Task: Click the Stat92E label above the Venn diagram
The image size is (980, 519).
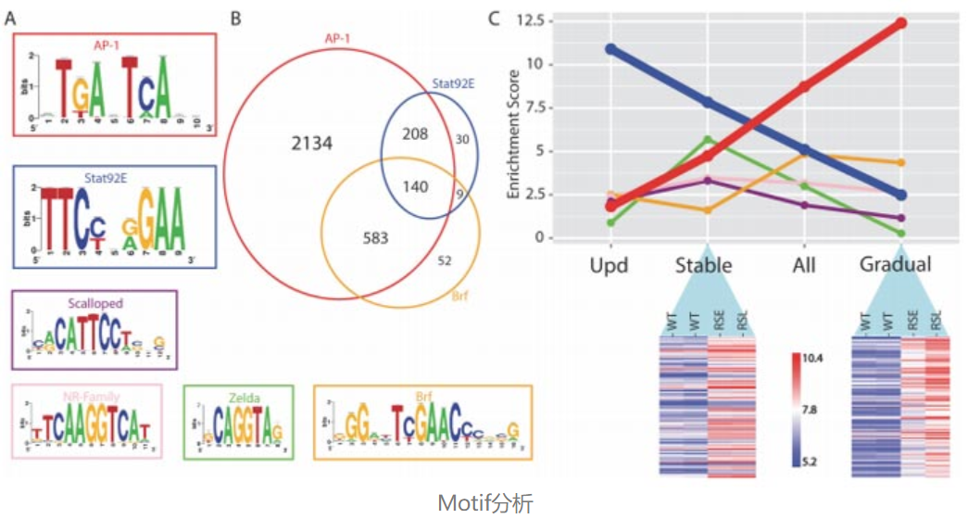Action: click(x=454, y=82)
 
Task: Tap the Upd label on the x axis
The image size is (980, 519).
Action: click(x=609, y=266)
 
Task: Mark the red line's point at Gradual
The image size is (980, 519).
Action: click(x=901, y=22)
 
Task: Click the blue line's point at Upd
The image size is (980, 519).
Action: click(x=610, y=48)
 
